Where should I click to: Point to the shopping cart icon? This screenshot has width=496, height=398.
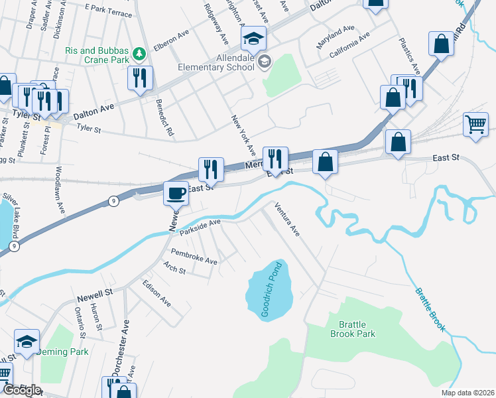coord(476,124)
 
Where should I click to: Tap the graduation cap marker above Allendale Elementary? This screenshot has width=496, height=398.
coord(253,38)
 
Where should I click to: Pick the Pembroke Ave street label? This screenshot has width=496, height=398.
coord(194,257)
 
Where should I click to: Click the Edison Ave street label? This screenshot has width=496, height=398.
coord(156,293)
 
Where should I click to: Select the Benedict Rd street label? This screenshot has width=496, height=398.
coord(164,119)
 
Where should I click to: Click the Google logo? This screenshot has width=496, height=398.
coord(22,390)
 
